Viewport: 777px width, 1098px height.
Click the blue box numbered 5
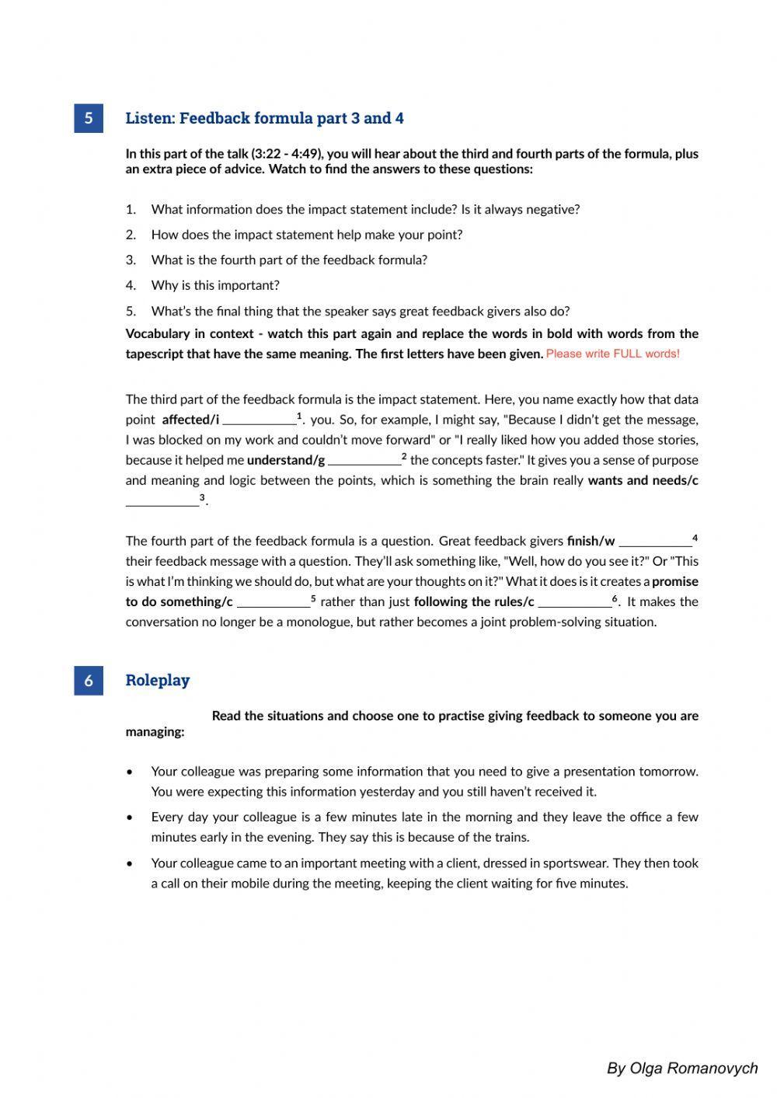pyautogui.click(x=89, y=118)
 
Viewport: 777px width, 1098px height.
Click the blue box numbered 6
pyautogui.click(x=89, y=680)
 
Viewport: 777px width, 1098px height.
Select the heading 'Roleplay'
pyautogui.click(x=158, y=680)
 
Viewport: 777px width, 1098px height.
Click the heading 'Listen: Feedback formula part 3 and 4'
pyautogui.click(x=264, y=118)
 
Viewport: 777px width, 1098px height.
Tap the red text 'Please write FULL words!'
pyautogui.click(x=612, y=354)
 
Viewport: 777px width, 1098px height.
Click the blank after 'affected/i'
pyautogui.click(x=259, y=420)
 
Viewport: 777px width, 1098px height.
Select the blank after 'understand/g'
pyautogui.click(x=364, y=461)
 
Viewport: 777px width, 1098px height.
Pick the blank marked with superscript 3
pyautogui.click(x=162, y=501)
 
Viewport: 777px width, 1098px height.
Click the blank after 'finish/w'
pyautogui.click(x=654, y=542)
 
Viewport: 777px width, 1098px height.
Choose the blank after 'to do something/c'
pyautogui.click(x=273, y=602)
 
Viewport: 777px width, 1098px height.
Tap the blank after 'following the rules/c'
pyautogui.click(x=574, y=602)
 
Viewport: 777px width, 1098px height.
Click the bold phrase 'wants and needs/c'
pyautogui.click(x=643, y=480)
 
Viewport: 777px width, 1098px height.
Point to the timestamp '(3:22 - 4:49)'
pyautogui.click(x=285, y=154)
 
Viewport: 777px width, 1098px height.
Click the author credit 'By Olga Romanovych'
pyautogui.click(x=681, y=1068)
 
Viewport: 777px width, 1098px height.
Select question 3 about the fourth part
pyautogui.click(x=289, y=260)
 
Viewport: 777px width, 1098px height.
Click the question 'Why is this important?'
pyautogui.click(x=215, y=285)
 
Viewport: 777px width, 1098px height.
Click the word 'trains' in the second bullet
pyautogui.click(x=510, y=837)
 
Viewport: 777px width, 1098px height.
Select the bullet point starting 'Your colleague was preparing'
pyautogui.click(x=424, y=781)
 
